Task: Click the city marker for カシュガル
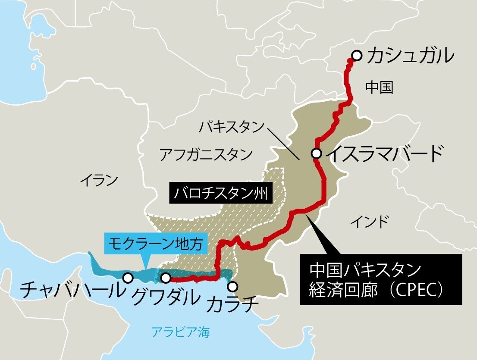pyautogui.click(x=357, y=55)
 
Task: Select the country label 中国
pyautogui.click(x=380, y=88)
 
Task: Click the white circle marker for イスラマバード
pyautogui.click(x=317, y=153)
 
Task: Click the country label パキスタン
pyautogui.click(x=231, y=127)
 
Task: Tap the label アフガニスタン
pyautogui.click(x=206, y=154)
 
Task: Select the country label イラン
pyautogui.click(x=99, y=181)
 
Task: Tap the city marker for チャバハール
pyautogui.click(x=128, y=278)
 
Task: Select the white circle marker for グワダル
pyautogui.click(x=166, y=278)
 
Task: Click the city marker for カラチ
pyautogui.click(x=233, y=286)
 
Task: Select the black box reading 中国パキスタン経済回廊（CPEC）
pyautogui.click(x=380, y=280)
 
